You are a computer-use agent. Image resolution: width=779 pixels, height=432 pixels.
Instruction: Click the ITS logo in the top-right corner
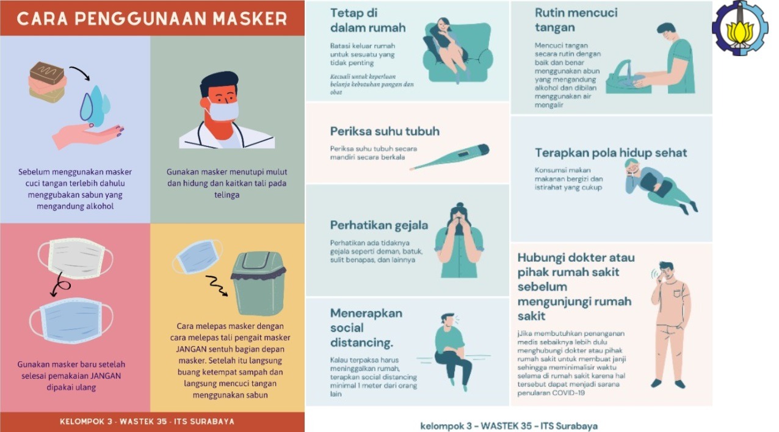click(x=740, y=28)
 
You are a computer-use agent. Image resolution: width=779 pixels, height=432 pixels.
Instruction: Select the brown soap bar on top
click(x=48, y=73)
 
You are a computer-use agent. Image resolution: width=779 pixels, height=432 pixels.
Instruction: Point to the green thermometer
click(x=450, y=157)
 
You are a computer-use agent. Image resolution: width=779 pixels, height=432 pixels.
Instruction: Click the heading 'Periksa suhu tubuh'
click(x=385, y=131)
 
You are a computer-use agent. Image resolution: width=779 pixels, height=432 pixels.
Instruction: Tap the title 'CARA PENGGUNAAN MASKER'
click(x=152, y=18)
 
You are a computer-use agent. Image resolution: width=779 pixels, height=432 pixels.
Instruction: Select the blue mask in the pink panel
click(x=72, y=320)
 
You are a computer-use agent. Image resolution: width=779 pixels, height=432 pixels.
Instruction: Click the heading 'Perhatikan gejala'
click(x=379, y=225)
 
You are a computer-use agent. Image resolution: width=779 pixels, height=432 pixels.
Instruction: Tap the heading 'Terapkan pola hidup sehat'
click(x=611, y=153)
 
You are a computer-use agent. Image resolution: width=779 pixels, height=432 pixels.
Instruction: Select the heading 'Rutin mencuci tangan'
click(x=576, y=20)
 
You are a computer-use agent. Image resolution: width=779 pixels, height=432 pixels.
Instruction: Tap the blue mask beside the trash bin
click(x=197, y=257)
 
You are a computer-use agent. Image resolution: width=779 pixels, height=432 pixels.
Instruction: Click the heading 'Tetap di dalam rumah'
click(x=368, y=20)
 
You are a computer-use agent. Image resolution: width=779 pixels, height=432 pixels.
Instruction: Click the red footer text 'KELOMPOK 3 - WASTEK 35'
click(x=147, y=422)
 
